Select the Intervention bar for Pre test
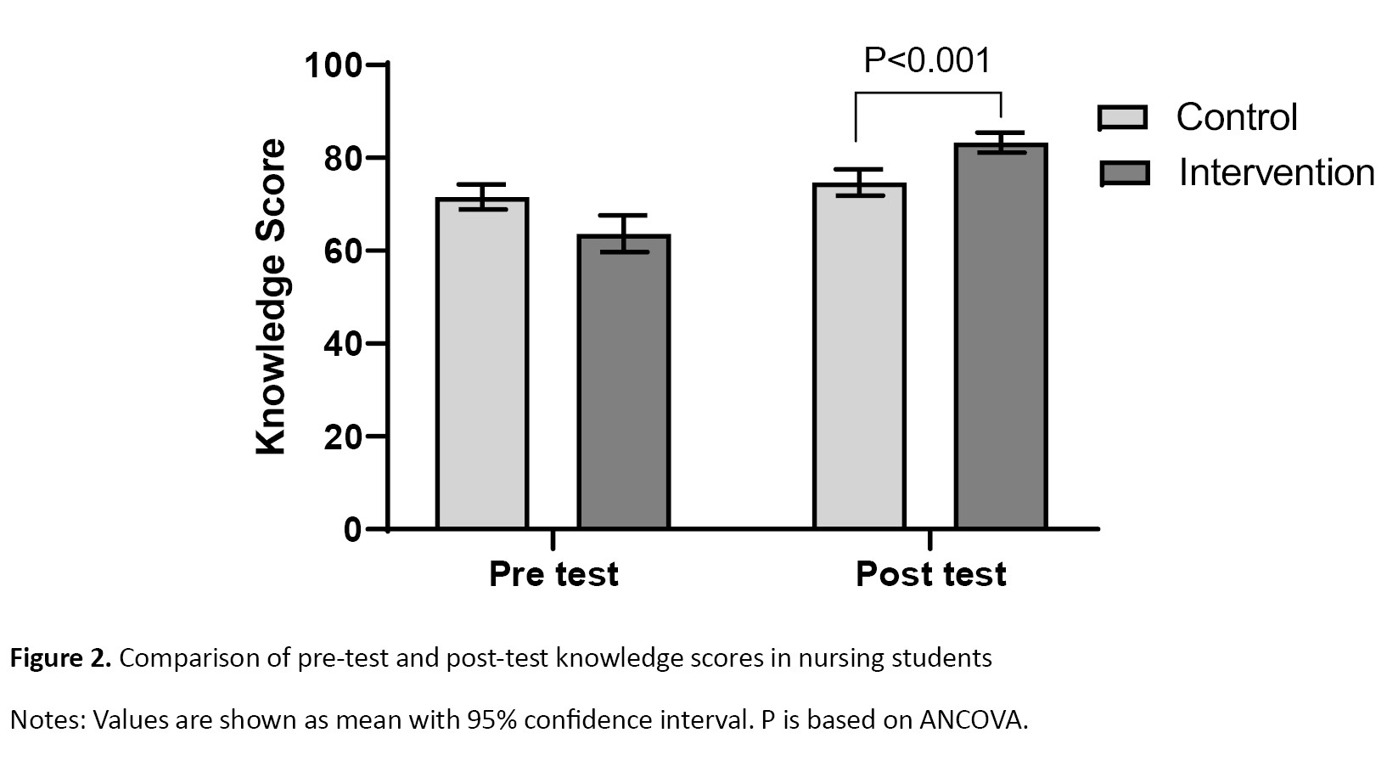click(624, 382)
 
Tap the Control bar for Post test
click(859, 357)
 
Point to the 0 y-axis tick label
click(352, 530)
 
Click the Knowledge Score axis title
click(272, 297)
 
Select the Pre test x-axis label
click(553, 574)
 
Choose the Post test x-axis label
click(930, 574)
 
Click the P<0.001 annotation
click(927, 60)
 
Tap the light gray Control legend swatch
click(1122, 118)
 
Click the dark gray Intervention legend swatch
click(1124, 173)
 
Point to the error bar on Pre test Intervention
click(624, 234)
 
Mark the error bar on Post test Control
click(859, 183)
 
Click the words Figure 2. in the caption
click(60, 658)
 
